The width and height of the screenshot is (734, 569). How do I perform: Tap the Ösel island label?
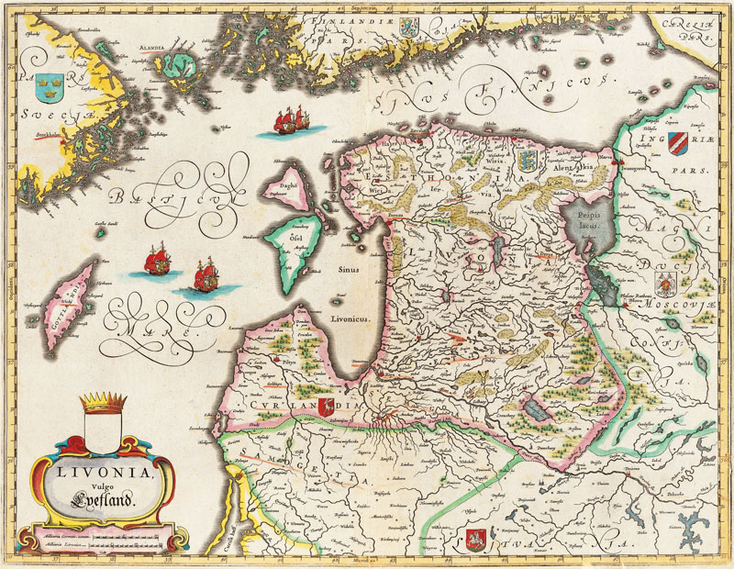[x=296, y=238]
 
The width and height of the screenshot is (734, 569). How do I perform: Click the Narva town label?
[x=605, y=158]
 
